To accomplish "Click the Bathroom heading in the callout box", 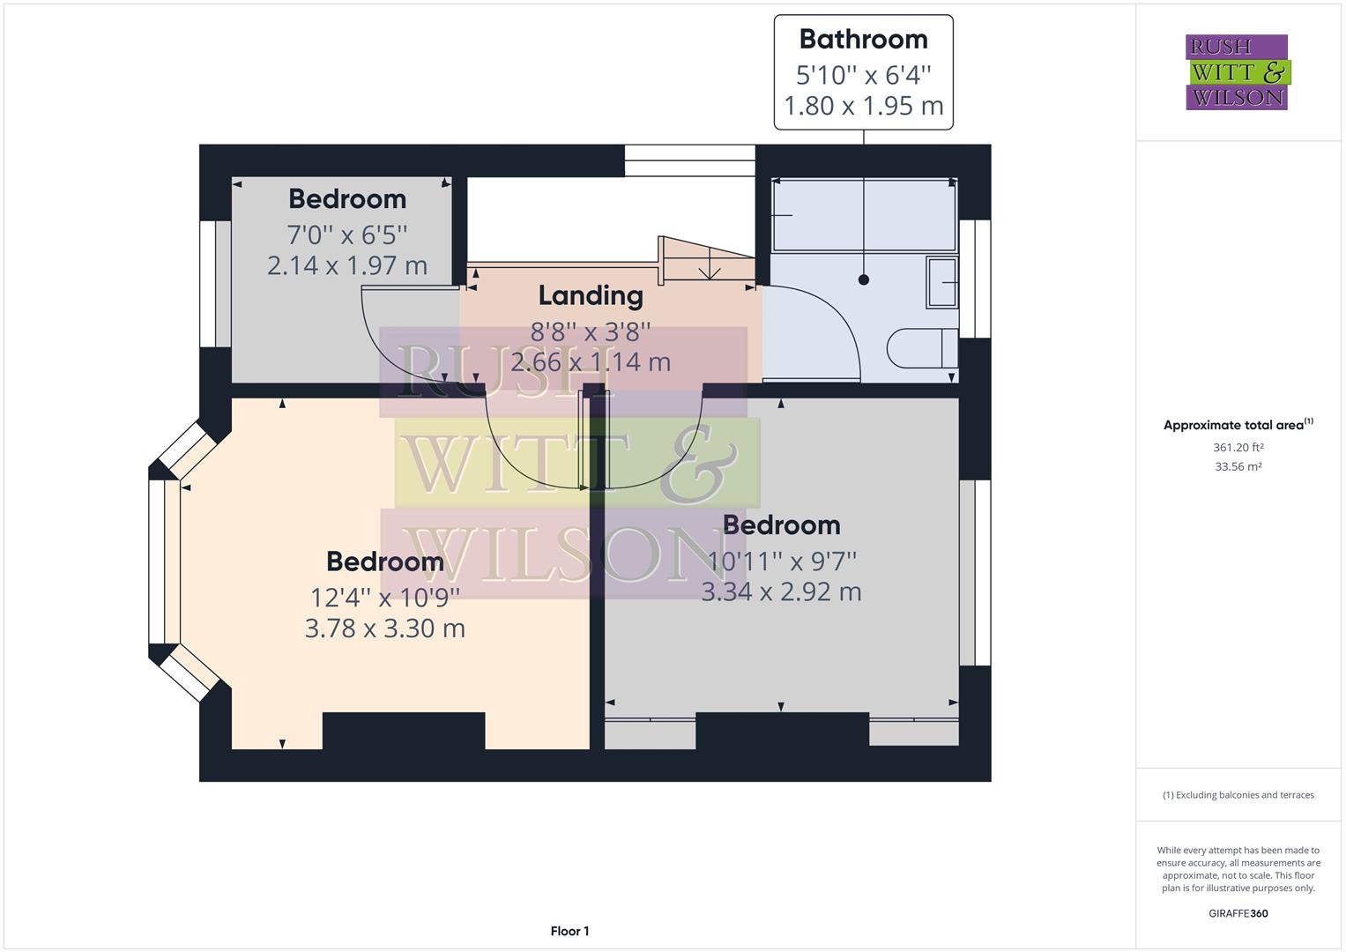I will pos(863,40).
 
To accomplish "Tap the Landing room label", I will pos(591,295).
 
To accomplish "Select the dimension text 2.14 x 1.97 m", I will pos(347,265).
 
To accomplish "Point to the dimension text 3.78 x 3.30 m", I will pos(385,628).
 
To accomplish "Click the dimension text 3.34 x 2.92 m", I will pos(781,591).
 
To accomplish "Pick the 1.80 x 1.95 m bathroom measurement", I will pos(863,106).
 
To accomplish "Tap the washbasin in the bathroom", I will pos(942,282).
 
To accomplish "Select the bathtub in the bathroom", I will pos(864,215).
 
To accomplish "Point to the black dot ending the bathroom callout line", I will pos(864,279).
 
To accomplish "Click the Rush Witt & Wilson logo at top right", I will pos(1237,72).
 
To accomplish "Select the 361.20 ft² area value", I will pos(1238,447).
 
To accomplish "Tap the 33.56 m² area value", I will pos(1238,466).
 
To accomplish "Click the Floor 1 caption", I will pos(569,931).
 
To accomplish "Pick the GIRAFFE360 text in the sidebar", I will pos(1238,913).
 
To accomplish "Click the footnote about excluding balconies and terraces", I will pos(1238,795).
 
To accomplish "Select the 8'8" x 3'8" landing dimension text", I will pos(591,331).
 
